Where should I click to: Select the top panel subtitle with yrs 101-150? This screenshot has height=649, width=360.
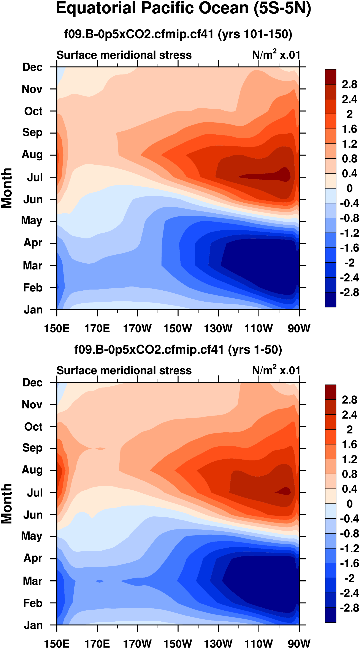point(178,34)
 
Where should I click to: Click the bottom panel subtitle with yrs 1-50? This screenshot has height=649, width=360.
point(178,350)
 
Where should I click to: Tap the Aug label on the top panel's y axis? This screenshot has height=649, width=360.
point(32,154)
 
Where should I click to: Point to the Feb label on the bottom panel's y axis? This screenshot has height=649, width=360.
point(33,603)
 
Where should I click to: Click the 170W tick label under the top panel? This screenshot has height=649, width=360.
point(137,329)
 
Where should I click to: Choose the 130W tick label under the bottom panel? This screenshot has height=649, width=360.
point(218,644)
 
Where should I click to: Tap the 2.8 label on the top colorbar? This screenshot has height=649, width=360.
point(349,84)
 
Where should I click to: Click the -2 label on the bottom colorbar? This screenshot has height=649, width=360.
point(349,578)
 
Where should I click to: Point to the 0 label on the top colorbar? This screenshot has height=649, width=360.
point(349,188)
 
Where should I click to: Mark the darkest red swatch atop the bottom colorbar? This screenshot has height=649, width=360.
point(330,392)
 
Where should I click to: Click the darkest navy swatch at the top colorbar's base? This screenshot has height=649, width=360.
point(330,299)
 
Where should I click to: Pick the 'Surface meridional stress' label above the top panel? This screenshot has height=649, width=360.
point(124,55)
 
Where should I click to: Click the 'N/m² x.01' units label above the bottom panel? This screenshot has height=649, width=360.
point(276,371)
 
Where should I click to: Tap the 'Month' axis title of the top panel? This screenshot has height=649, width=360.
point(7,188)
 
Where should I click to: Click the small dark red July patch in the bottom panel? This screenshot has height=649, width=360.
point(284,491)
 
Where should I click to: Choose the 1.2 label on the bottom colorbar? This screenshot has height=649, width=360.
point(349,460)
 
